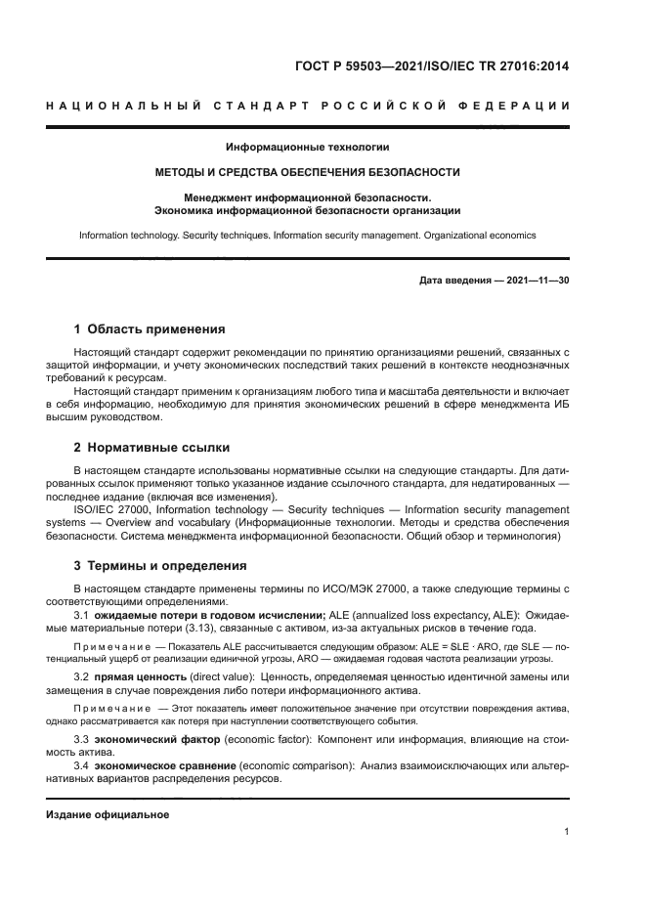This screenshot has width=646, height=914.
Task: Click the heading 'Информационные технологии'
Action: click(x=308, y=148)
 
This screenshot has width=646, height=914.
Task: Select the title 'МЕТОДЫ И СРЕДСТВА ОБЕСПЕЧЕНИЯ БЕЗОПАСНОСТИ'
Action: click(x=308, y=172)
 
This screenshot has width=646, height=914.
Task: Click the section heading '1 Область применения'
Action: click(x=150, y=328)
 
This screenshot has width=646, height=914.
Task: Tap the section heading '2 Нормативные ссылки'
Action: click(x=151, y=448)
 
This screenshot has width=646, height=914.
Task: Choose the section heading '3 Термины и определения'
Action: click(x=160, y=565)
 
